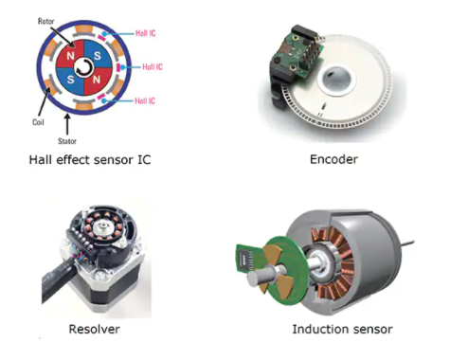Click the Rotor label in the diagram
point(46,21)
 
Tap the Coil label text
point(38,122)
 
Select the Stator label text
point(67,141)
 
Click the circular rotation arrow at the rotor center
point(84,67)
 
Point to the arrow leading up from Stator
point(67,124)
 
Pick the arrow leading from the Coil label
point(44,101)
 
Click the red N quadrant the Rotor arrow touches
point(70,54)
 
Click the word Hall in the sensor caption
point(41,159)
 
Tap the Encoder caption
point(333,159)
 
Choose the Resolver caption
point(95,329)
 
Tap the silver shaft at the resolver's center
point(102,226)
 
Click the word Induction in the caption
point(319,329)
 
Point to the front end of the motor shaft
point(255,279)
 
